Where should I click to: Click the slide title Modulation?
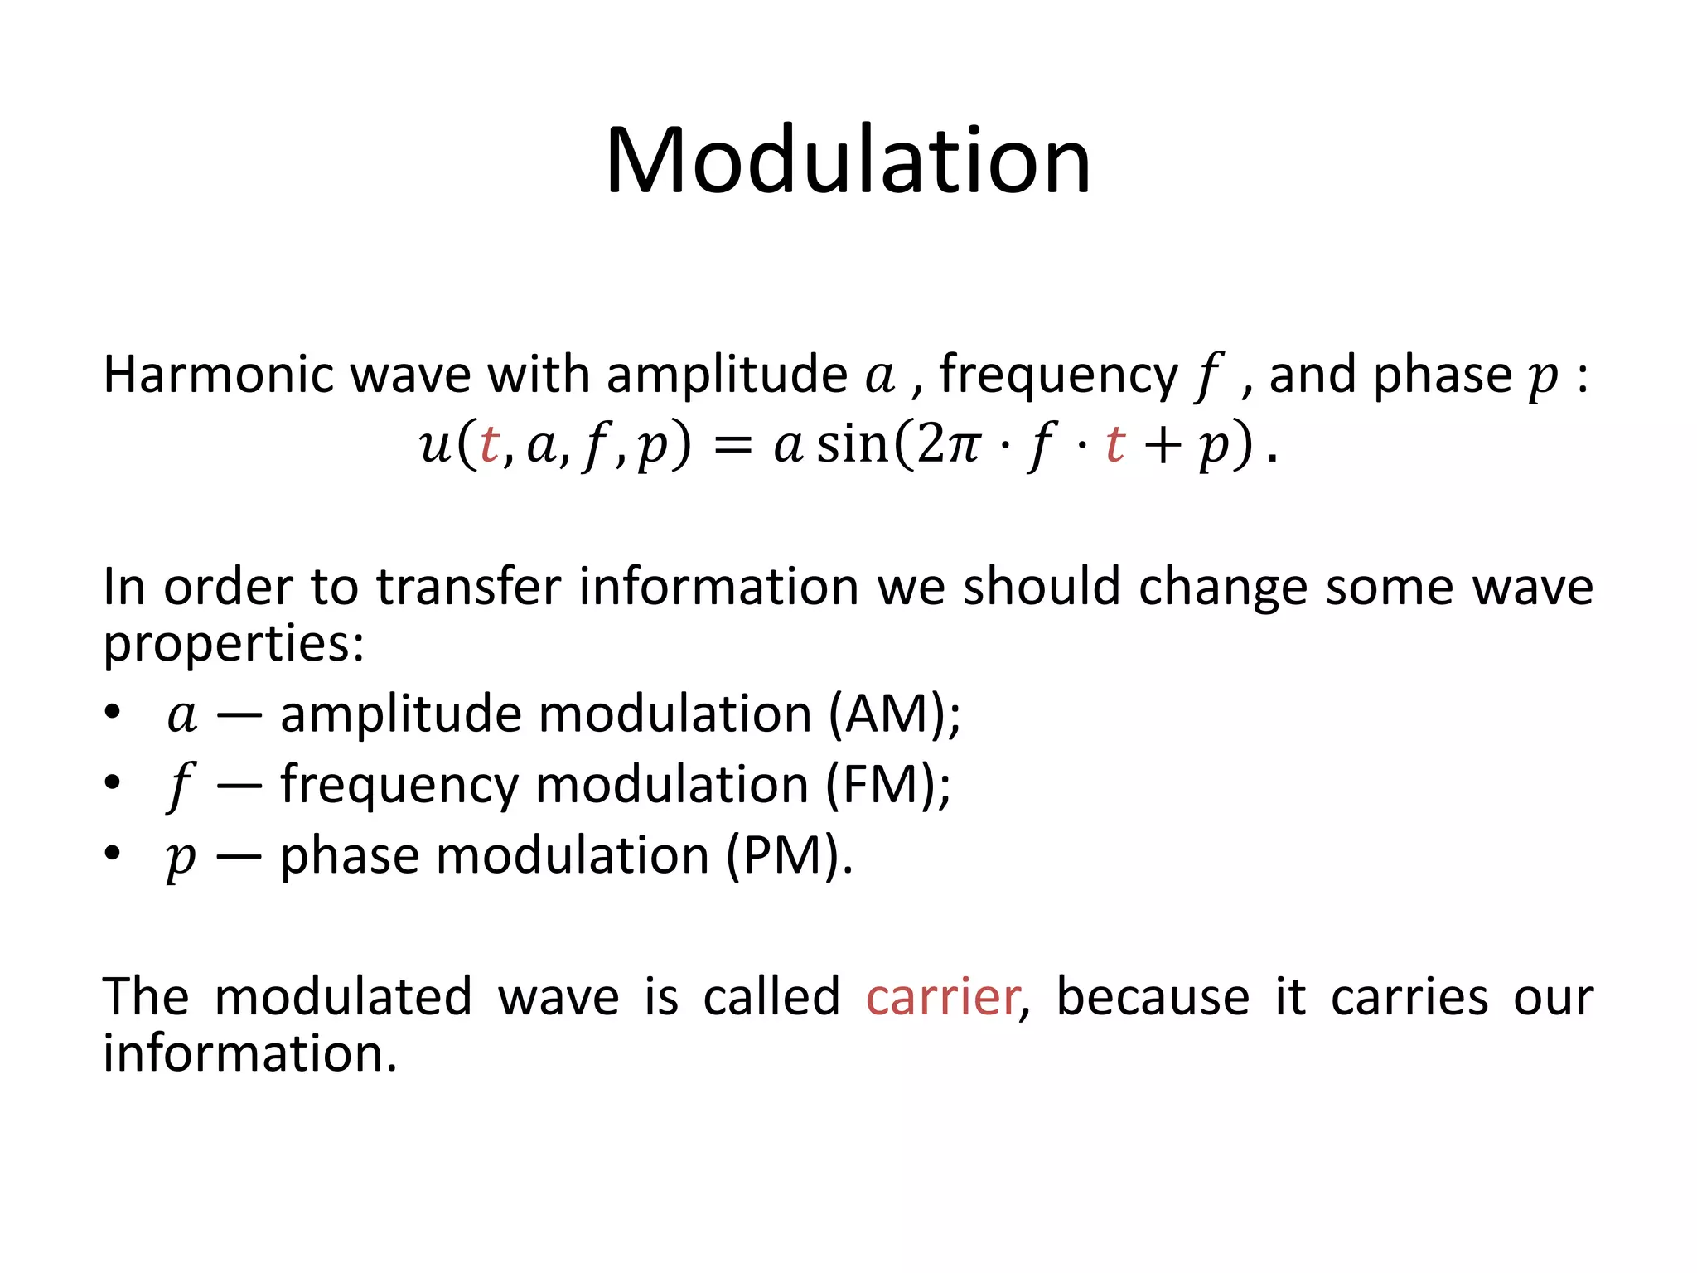coord(848,162)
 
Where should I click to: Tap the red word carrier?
coord(942,997)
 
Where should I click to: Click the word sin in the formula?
coord(852,444)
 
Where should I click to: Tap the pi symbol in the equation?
coord(962,446)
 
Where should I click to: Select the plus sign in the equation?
coord(1163,446)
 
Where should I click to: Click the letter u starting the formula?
coord(436,446)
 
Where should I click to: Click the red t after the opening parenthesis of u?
coord(490,444)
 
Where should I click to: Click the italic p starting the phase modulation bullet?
coord(181,857)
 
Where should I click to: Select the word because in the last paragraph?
coord(1153,997)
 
